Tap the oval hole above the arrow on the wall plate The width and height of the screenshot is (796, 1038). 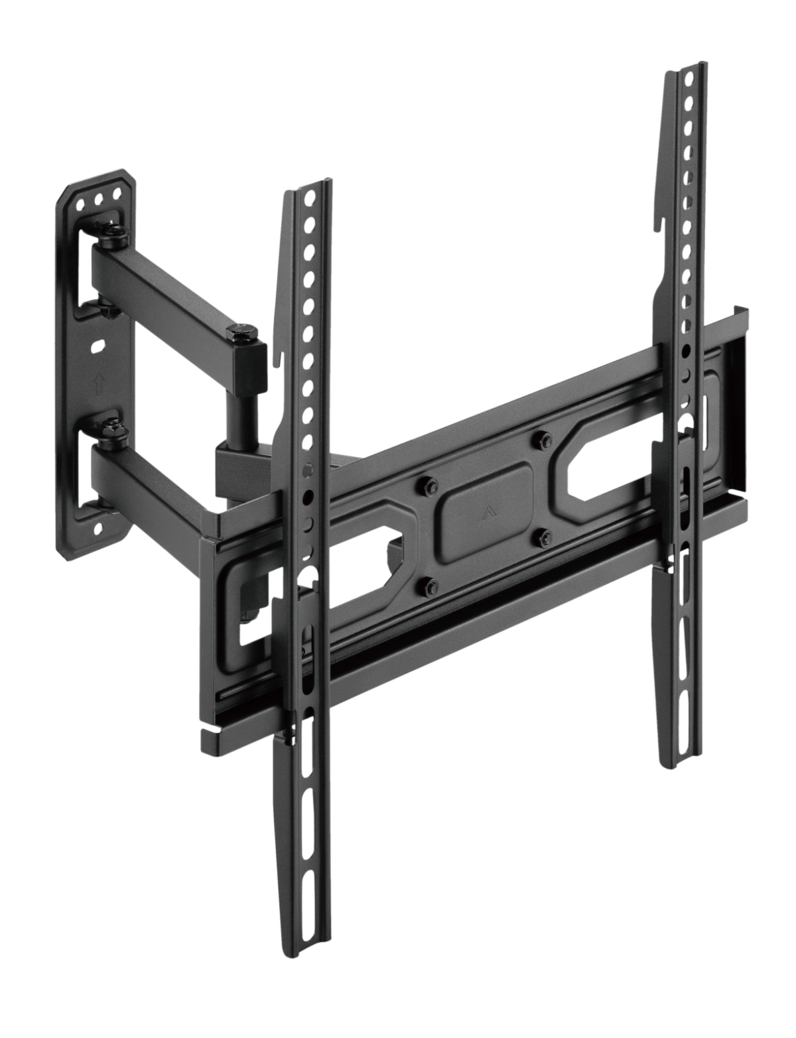97,346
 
